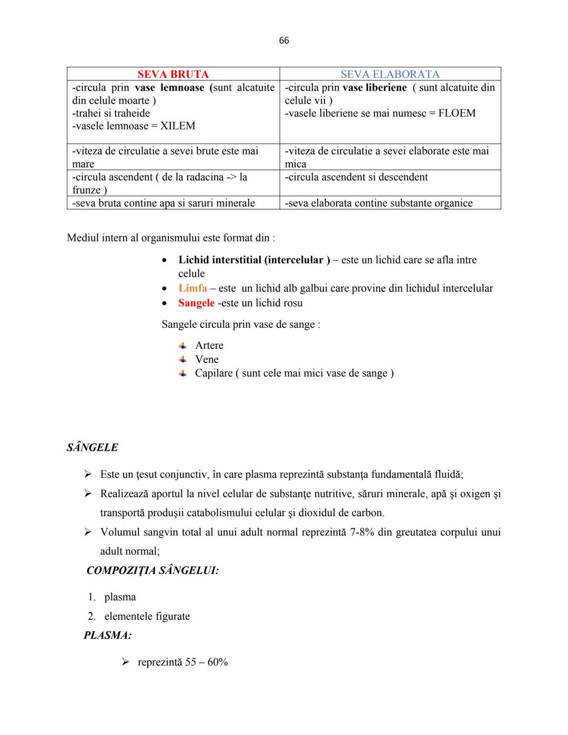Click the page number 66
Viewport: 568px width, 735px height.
(284, 41)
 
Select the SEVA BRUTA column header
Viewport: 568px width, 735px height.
(173, 74)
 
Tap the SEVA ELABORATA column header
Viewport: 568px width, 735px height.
(390, 74)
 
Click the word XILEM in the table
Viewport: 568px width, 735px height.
(177, 126)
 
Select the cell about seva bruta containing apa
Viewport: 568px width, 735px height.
(164, 203)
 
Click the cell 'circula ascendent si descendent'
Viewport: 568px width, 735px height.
(357, 177)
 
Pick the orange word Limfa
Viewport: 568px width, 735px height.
(192, 288)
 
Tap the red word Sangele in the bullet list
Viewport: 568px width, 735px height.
(196, 303)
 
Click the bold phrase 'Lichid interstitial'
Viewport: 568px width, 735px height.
(220, 260)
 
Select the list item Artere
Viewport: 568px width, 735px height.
(209, 346)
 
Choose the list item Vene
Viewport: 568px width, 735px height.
(207, 359)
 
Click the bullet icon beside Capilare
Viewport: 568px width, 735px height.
(182, 373)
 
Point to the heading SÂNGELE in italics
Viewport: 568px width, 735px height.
(93, 448)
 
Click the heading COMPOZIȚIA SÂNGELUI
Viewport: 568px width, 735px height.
(153, 570)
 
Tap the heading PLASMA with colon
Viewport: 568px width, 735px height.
(107, 636)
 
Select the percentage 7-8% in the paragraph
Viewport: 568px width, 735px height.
(362, 532)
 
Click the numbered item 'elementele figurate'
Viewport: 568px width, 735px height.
(147, 617)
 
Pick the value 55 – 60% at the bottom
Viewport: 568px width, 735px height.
(206, 662)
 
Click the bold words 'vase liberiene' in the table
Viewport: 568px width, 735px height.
(374, 88)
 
